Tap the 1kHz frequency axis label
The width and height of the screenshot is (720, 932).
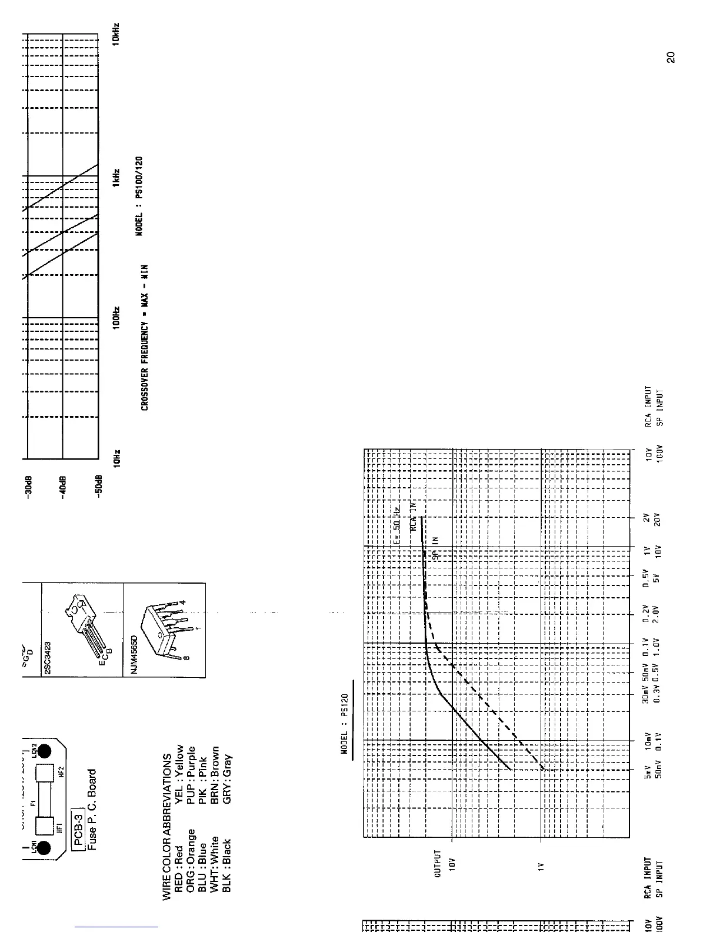coord(117,177)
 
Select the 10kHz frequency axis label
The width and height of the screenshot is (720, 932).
coord(116,34)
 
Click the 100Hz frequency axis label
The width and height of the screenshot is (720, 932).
coord(117,317)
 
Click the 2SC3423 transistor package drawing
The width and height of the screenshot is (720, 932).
coord(82,624)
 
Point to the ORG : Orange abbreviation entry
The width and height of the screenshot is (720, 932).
coord(190,860)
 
